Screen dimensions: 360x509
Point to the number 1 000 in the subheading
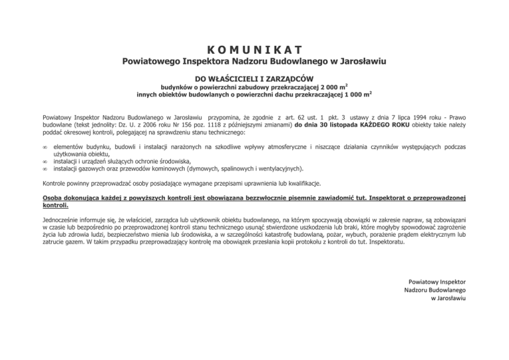pyautogui.click(x=352, y=94)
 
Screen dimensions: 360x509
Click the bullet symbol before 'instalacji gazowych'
pyautogui.click(x=45, y=169)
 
